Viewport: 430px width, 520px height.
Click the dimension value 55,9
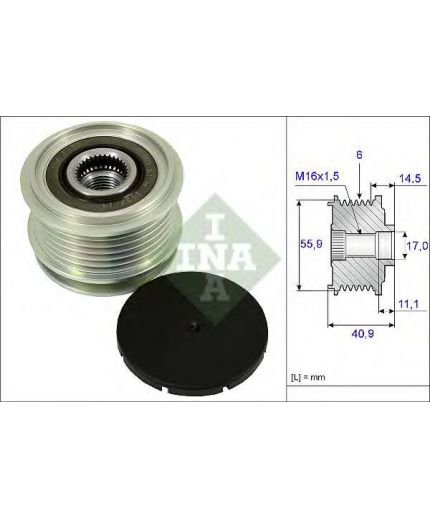pyautogui.click(x=311, y=244)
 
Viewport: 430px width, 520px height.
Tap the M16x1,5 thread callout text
pyautogui.click(x=317, y=176)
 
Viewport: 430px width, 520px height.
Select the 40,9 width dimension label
pyautogui.click(x=363, y=333)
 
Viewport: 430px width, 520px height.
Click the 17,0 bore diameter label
pyautogui.click(x=417, y=246)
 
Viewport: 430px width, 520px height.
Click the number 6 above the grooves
pyautogui.click(x=359, y=155)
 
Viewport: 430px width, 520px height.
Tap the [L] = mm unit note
pyautogui.click(x=308, y=377)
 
